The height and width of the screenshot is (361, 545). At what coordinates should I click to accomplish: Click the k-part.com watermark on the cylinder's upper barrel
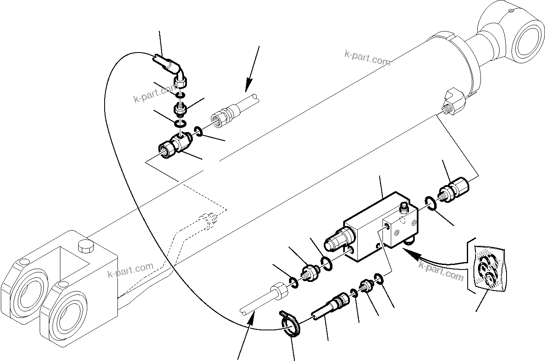[x=367, y=58]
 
